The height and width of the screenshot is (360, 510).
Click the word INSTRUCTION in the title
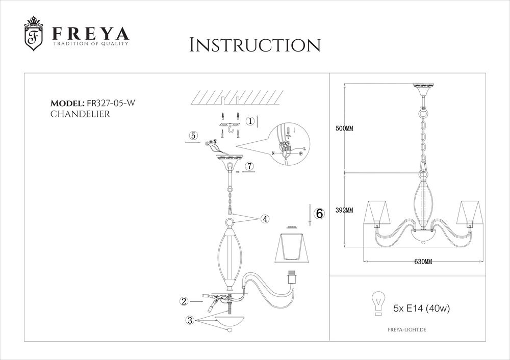[x=254, y=45]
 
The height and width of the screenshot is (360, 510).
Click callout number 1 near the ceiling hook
[x=250, y=121]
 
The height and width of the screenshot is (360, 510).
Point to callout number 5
[x=193, y=136]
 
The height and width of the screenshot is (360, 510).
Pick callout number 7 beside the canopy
[x=248, y=166]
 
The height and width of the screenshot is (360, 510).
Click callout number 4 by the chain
[x=264, y=219]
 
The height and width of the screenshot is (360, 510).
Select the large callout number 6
[x=319, y=214]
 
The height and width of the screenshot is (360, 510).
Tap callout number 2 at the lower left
[x=184, y=301]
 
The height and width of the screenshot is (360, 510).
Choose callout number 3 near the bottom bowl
[x=190, y=320]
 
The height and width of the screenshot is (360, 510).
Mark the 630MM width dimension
[x=423, y=262]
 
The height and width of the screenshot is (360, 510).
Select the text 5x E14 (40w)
[x=421, y=308]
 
